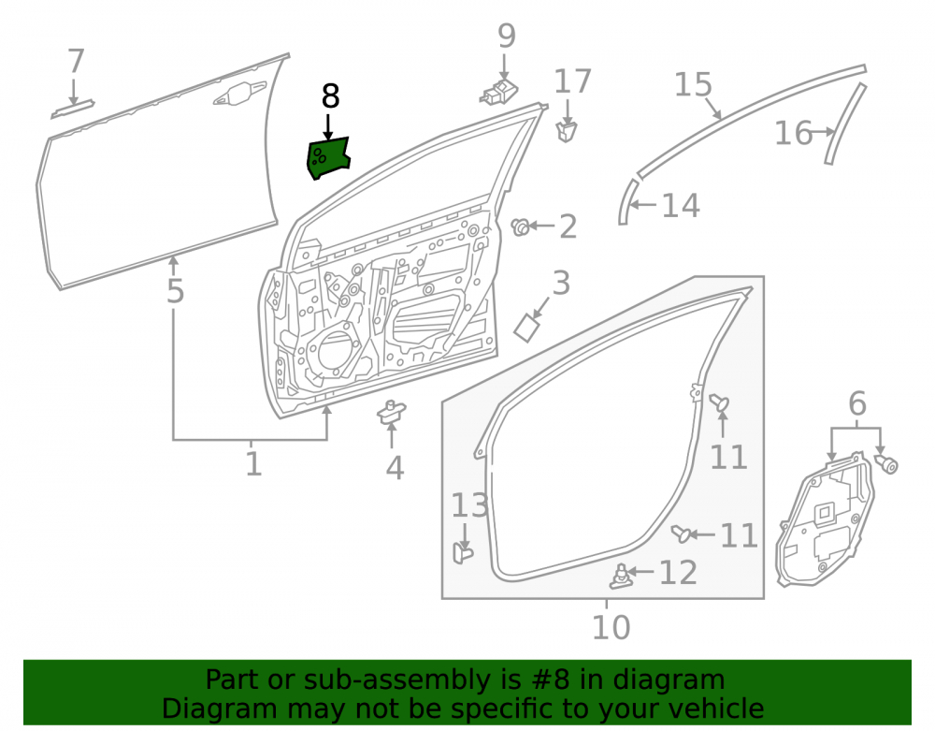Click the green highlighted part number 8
coord(327,158)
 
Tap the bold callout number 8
coord(330,96)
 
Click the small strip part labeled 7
coord(73,110)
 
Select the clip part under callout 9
coord(499,93)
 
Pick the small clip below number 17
coord(567,131)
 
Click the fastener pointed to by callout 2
coord(520,227)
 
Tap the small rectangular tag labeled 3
coord(526,328)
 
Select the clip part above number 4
coord(391,413)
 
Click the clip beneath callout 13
coord(463,552)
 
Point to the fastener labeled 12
coord(620,576)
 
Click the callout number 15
coord(693,85)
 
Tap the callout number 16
coord(793,133)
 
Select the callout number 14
coord(681,205)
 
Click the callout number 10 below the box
coord(611,627)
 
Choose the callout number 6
coord(856,403)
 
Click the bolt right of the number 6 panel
coord(886,463)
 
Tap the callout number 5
coord(175,290)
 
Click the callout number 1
coord(252,463)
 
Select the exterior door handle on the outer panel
coord(239,94)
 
